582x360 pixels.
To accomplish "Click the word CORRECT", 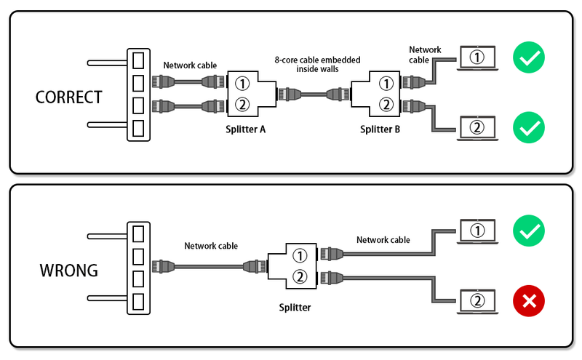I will pyautogui.click(x=69, y=96).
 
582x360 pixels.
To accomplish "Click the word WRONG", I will pyautogui.click(x=69, y=270).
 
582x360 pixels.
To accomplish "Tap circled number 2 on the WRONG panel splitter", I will pyautogui.click(x=299, y=276).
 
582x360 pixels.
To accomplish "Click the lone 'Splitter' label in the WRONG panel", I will pyautogui.click(x=295, y=308).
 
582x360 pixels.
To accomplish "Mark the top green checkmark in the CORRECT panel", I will pyautogui.click(x=528, y=58).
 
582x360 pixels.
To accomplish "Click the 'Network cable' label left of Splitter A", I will pyautogui.click(x=190, y=65).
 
